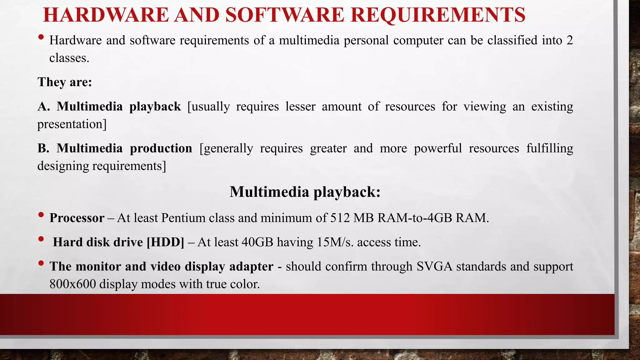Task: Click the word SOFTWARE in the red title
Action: [x=284, y=15]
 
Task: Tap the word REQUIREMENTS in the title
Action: [x=438, y=15]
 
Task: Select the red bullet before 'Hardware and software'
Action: [x=41, y=37]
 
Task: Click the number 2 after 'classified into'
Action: [x=569, y=40]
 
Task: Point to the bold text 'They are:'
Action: [x=65, y=82]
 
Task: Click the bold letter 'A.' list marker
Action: [x=44, y=107]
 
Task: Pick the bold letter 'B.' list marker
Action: [x=43, y=148]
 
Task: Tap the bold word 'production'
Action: [x=161, y=148]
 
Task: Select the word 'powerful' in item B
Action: [x=437, y=148]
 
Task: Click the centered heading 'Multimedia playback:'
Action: [x=305, y=192]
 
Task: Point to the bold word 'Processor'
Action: [x=77, y=218]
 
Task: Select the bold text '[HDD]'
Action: [x=166, y=242]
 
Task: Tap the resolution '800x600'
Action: [x=72, y=284]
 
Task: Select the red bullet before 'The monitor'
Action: [x=41, y=263]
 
